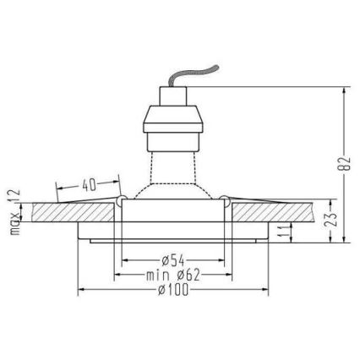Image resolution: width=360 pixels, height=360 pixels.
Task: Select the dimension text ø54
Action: tap(176, 259)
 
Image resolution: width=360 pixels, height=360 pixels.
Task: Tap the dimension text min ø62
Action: tap(172, 274)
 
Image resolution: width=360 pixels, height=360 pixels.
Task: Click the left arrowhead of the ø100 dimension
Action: tap(81, 289)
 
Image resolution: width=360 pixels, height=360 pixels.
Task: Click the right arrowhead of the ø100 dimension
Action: tap(268, 289)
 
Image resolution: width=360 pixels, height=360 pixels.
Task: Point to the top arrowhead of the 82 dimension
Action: tap(345, 88)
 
